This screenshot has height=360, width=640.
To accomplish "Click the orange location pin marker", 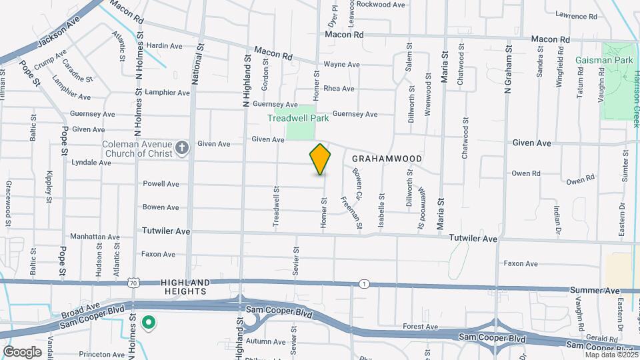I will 320,159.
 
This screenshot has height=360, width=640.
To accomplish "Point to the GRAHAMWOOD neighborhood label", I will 387,159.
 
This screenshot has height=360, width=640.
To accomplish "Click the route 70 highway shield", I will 134,283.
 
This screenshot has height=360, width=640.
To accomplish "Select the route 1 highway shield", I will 363,284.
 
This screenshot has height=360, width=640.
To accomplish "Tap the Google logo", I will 22,351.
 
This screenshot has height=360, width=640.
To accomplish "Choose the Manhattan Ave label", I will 94,237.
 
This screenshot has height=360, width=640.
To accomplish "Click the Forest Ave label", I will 420,327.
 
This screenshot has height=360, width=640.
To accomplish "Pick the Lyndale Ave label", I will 91,162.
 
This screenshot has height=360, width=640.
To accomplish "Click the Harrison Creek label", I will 636,100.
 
